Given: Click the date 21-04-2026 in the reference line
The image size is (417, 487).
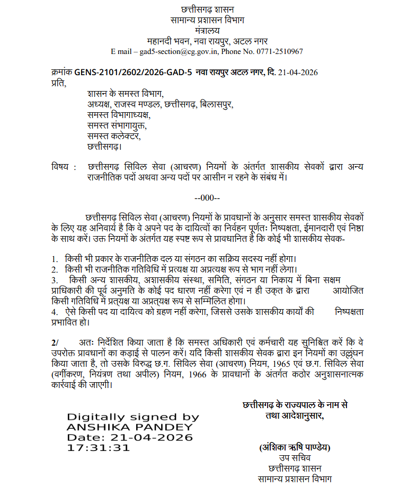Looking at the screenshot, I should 298,72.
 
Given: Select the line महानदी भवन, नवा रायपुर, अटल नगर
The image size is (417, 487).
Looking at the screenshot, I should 207,41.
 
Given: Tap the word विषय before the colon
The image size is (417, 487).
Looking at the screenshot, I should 61,167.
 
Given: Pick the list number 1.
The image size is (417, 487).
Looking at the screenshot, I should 54,259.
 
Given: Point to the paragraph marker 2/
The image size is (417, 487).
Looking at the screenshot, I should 55,342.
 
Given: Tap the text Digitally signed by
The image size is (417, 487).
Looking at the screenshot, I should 132,417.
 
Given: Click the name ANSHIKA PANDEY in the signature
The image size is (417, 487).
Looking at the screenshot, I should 130,427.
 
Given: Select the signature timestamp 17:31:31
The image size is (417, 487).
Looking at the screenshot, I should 98,448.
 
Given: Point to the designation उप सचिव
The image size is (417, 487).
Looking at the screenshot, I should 295,458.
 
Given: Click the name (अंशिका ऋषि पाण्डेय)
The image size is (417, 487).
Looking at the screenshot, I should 295,447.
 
